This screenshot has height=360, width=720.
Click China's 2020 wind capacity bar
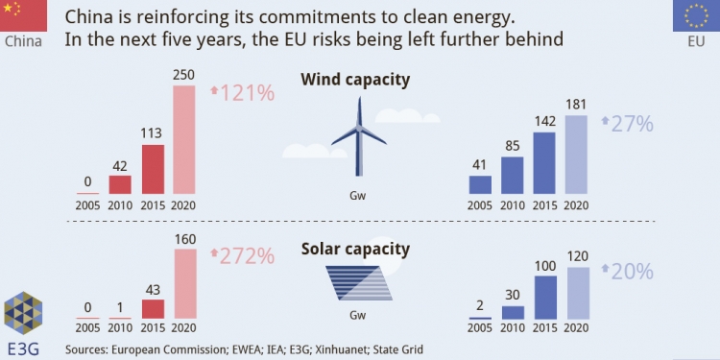click(184, 139)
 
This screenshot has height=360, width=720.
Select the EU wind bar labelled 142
click(544, 163)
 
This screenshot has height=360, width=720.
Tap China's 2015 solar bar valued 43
click(153, 309)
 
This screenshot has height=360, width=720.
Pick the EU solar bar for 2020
click(578, 293)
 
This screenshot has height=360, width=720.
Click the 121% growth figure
click(243, 94)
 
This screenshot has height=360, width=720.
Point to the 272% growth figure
click(243, 256)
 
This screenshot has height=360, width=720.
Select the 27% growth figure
click(627, 124)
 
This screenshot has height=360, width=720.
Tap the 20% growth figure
click(627, 272)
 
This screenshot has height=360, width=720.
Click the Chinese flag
click(23, 15)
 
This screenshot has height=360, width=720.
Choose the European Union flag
click(696, 15)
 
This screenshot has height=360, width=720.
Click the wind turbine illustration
click(359, 136)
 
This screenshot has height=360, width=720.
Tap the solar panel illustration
click(359, 283)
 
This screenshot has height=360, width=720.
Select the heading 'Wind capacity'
click(355, 80)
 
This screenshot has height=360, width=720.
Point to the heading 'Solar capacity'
click(355, 250)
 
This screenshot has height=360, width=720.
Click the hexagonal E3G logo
click(23, 313)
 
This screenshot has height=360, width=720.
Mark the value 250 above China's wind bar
click(184, 75)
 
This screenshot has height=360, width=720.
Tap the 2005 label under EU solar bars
click(480, 328)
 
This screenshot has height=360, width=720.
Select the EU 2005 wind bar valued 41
click(480, 184)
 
